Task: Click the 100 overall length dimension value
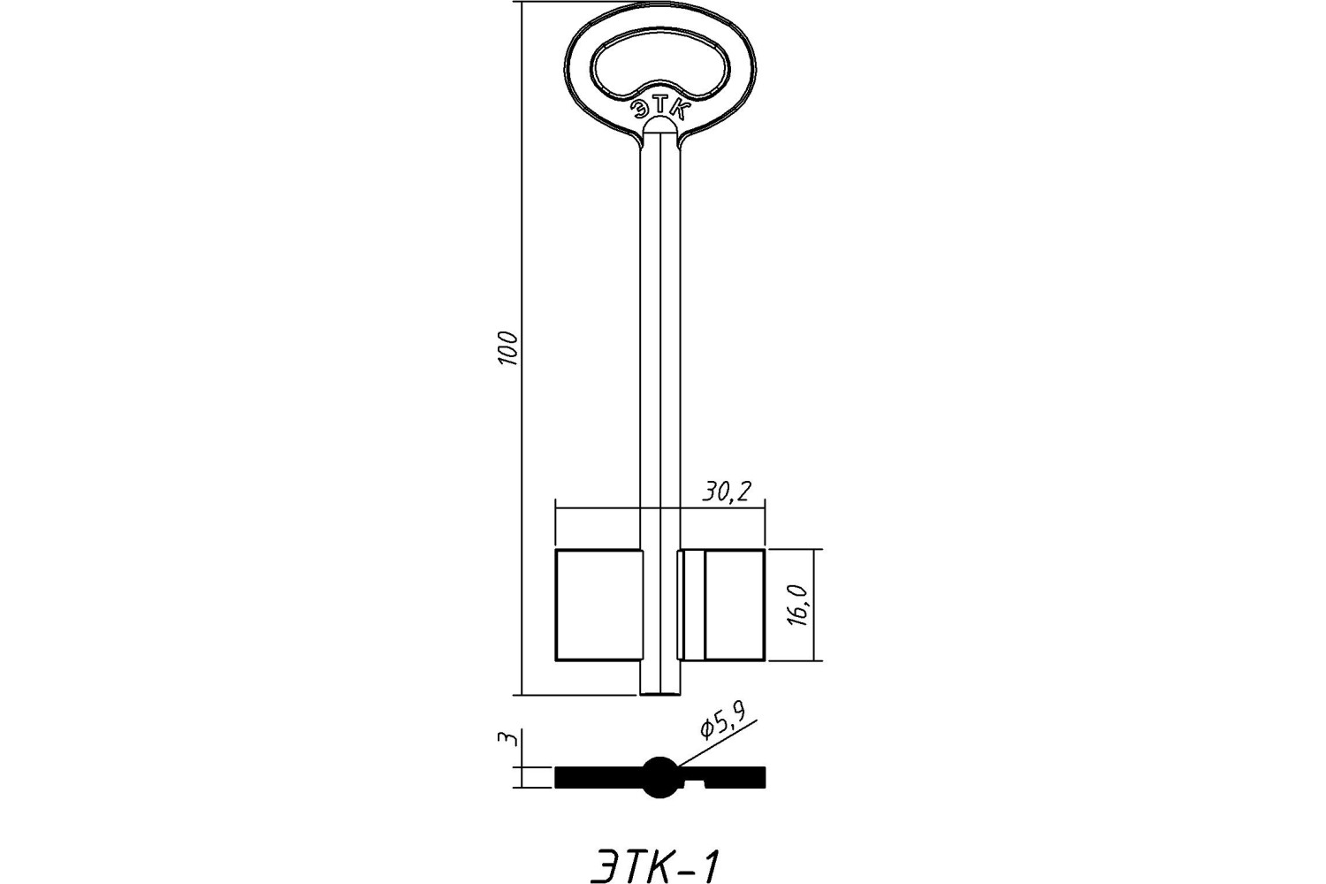pyautogui.click(x=508, y=348)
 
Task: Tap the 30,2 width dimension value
pyautogui.click(x=727, y=492)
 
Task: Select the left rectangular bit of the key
pyautogui.click(x=598, y=605)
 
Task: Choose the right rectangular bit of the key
pyautogui.click(x=721, y=605)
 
